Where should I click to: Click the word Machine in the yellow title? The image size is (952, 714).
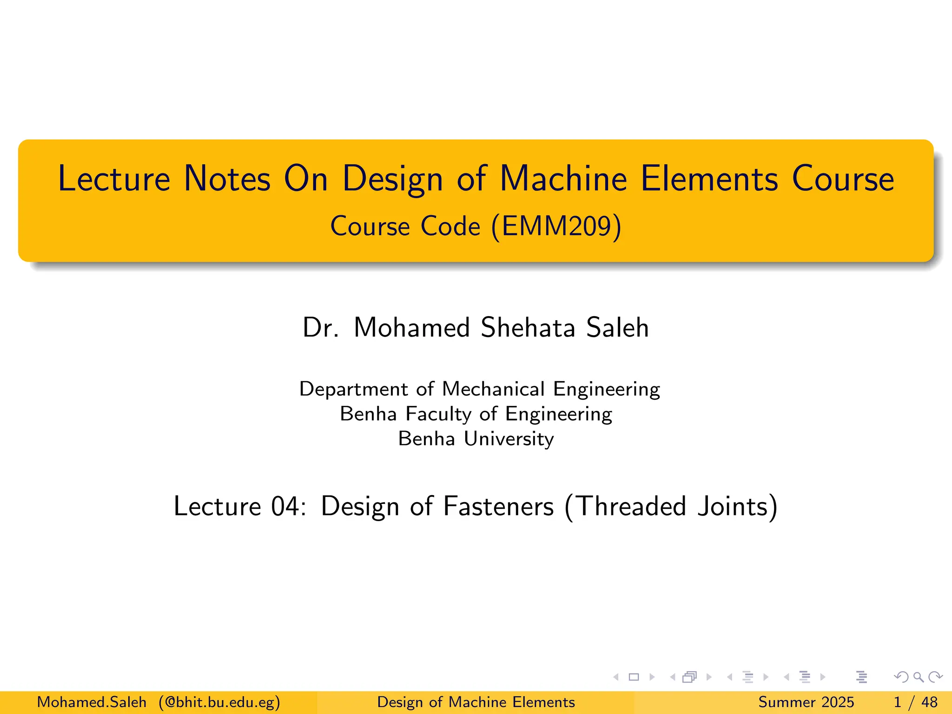[x=563, y=179]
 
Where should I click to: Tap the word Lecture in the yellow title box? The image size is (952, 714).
[x=114, y=179]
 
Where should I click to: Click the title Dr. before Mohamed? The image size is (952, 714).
[x=320, y=327]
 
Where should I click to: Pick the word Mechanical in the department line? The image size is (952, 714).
[x=493, y=389]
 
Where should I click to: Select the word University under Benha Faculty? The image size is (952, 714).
[x=509, y=439]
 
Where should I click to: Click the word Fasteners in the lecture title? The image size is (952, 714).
[x=498, y=506]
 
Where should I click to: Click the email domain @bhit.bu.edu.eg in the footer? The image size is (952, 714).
[x=219, y=702]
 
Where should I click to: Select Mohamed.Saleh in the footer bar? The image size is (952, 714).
[x=92, y=702]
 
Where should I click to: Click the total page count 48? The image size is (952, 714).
[x=929, y=702]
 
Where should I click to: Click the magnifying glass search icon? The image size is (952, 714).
[x=918, y=677]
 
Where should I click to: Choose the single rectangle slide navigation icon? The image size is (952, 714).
[x=634, y=677]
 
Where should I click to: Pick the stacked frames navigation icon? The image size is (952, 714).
[x=690, y=677]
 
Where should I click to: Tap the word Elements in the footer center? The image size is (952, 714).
[x=543, y=702]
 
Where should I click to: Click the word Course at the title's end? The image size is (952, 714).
[x=843, y=179]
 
